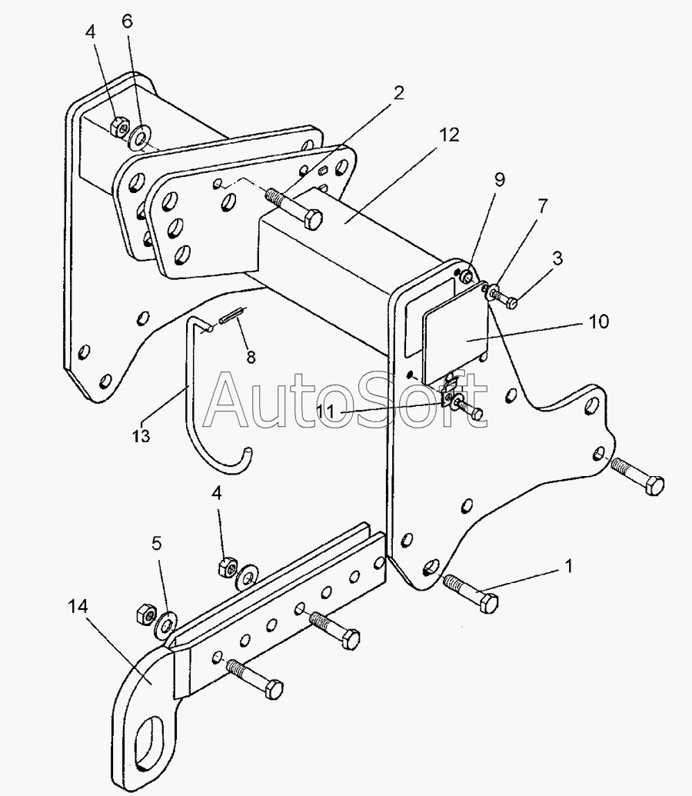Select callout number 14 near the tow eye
coord(78,608)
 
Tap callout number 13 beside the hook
coord(141,435)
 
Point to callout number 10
coord(598,321)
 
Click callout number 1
coord(568,567)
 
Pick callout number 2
coord(398,94)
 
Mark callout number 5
coord(157,544)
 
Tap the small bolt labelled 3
coord(507,300)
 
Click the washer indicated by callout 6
coord(140,137)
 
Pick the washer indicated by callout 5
coord(165,621)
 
